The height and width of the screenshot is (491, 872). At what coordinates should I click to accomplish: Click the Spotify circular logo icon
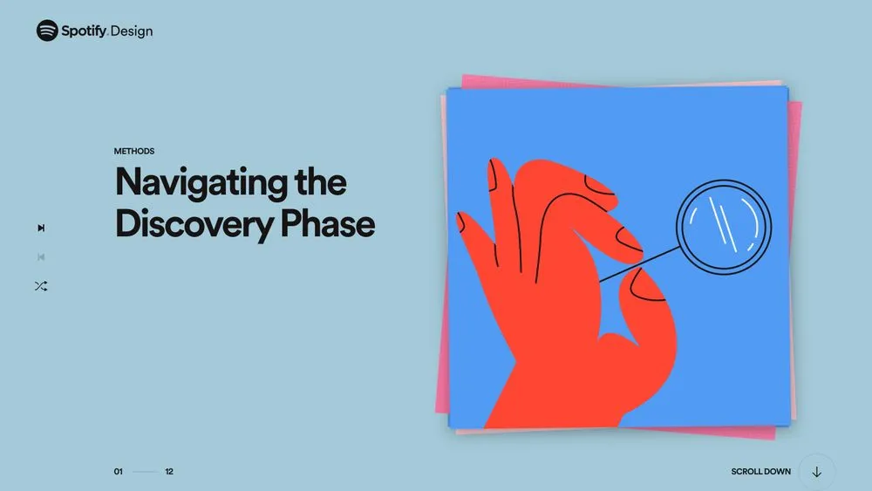[x=47, y=31]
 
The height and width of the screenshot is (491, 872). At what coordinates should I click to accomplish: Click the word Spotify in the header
[x=84, y=31]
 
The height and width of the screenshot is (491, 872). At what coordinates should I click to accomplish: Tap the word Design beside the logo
[x=132, y=31]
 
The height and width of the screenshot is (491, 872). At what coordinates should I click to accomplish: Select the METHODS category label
[x=134, y=151]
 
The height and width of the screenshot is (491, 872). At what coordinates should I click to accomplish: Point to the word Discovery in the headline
[x=194, y=224]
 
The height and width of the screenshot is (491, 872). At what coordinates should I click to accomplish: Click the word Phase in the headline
[x=328, y=223]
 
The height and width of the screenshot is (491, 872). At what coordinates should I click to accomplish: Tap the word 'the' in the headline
[x=321, y=181]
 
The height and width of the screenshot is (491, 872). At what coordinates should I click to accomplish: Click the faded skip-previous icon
[x=41, y=257]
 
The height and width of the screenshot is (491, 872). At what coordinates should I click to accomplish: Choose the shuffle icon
[x=41, y=286]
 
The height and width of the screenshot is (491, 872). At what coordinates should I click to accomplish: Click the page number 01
[x=119, y=472]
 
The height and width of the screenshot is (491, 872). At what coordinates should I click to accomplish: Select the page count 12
[x=169, y=472]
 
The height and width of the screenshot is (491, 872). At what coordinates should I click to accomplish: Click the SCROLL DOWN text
[x=760, y=472]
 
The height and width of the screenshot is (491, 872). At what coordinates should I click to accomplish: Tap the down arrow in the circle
[x=817, y=472]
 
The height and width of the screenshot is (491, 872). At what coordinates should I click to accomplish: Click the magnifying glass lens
[x=724, y=227]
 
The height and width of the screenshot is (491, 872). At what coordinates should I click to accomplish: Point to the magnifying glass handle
[x=639, y=264]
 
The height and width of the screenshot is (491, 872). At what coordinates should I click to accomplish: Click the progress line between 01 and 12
[x=145, y=472]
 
